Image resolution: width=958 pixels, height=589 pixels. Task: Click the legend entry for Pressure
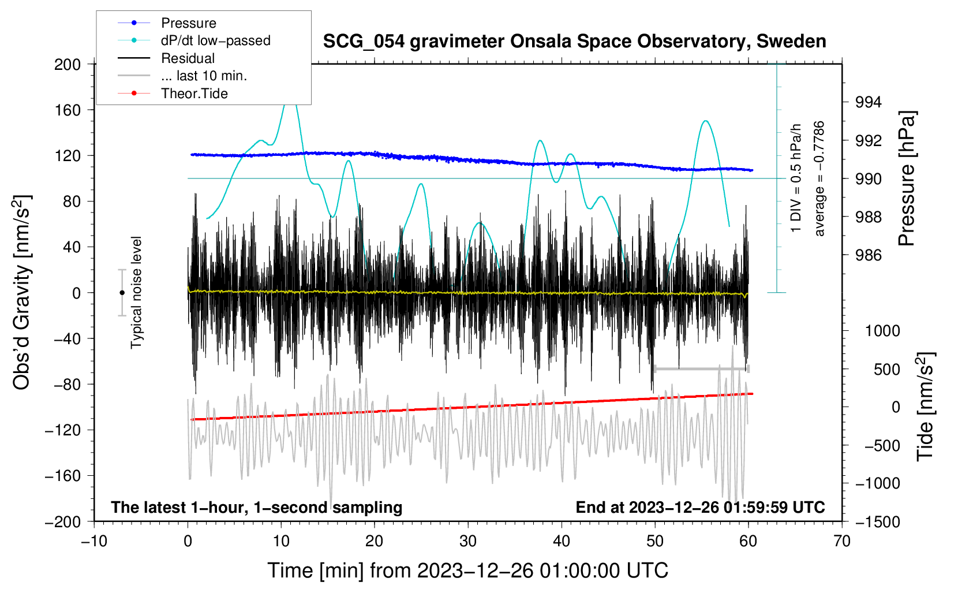pyautogui.click(x=189, y=23)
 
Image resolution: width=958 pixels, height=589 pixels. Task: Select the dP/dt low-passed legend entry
pyautogui.click(x=216, y=40)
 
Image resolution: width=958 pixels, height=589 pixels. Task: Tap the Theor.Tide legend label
pyautogui.click(x=194, y=94)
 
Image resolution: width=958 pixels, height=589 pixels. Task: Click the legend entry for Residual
pyautogui.click(x=188, y=58)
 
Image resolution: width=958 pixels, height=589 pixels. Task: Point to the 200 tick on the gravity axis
pyautogui.click(x=67, y=64)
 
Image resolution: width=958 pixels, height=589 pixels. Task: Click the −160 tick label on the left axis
pyautogui.click(x=62, y=476)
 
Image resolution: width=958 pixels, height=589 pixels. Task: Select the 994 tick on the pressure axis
pyautogui.click(x=868, y=102)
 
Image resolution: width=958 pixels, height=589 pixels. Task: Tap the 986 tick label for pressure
pyautogui.click(x=868, y=255)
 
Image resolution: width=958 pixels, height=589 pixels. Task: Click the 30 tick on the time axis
pyautogui.click(x=468, y=542)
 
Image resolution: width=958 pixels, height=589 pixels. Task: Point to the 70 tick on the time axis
pyautogui.click(x=841, y=542)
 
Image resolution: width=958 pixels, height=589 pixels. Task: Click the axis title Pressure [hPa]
pyautogui.click(x=907, y=178)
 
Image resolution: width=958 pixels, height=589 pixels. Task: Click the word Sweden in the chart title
pyautogui.click(x=791, y=41)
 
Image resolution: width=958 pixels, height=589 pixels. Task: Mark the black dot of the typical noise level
pyautogui.click(x=122, y=293)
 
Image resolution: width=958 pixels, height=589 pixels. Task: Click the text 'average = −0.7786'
pyautogui.click(x=819, y=178)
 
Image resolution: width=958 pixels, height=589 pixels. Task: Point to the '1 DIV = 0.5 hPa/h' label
pyautogui.click(x=795, y=178)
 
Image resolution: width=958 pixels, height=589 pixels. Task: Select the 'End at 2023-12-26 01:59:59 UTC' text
pyautogui.click(x=700, y=507)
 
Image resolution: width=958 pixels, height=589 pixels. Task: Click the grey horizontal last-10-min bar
pyautogui.click(x=701, y=369)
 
